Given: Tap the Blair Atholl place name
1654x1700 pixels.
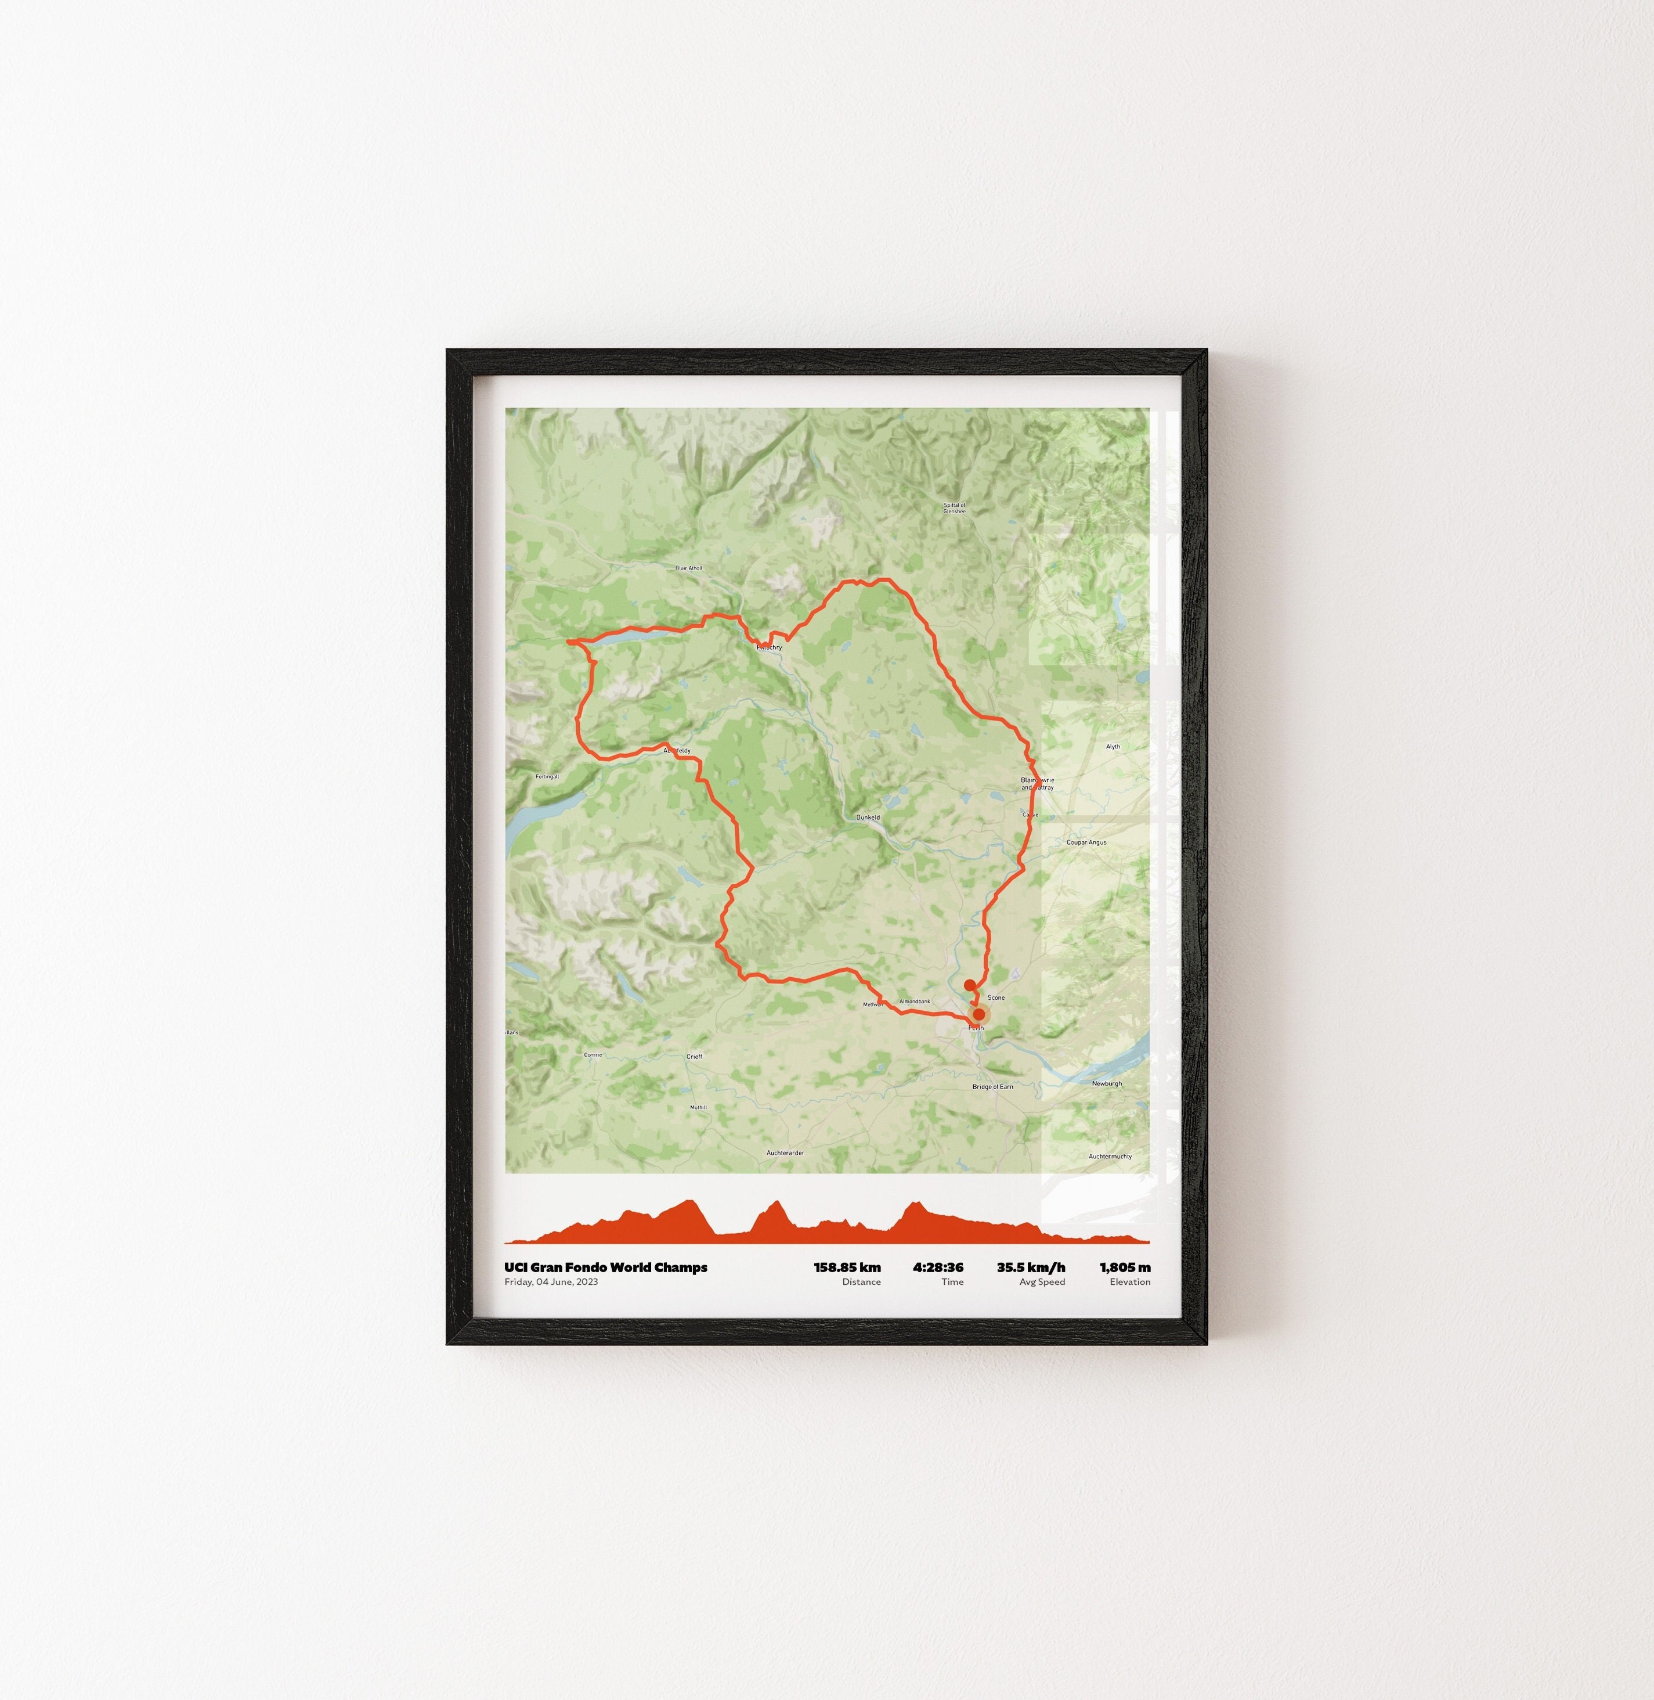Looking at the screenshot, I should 689,568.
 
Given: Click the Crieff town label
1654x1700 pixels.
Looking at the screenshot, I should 694,1057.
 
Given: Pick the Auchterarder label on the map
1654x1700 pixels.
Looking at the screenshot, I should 785,1153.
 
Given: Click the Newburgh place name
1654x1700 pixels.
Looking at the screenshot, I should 1107,1084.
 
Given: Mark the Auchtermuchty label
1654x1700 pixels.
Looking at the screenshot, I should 1110,1157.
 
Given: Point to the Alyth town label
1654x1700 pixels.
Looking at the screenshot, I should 1113,747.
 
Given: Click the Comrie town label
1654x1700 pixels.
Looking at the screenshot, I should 593,1055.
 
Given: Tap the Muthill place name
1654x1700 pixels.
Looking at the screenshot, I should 698,1107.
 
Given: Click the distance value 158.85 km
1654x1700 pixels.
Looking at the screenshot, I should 847,1268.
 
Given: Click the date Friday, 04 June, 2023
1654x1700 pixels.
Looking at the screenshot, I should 551,1282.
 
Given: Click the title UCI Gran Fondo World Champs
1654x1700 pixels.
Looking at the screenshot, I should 605,1268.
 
